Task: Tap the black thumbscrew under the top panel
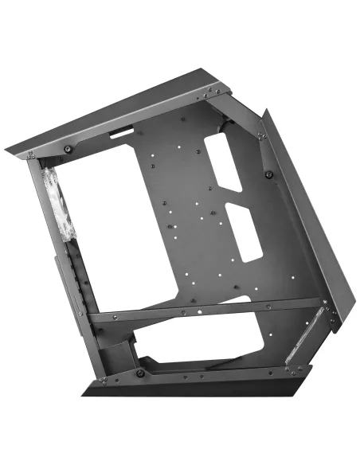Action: click(69, 149)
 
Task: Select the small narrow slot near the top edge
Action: click(123, 129)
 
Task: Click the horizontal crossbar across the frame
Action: click(207, 307)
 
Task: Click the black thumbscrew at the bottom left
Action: click(139, 373)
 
